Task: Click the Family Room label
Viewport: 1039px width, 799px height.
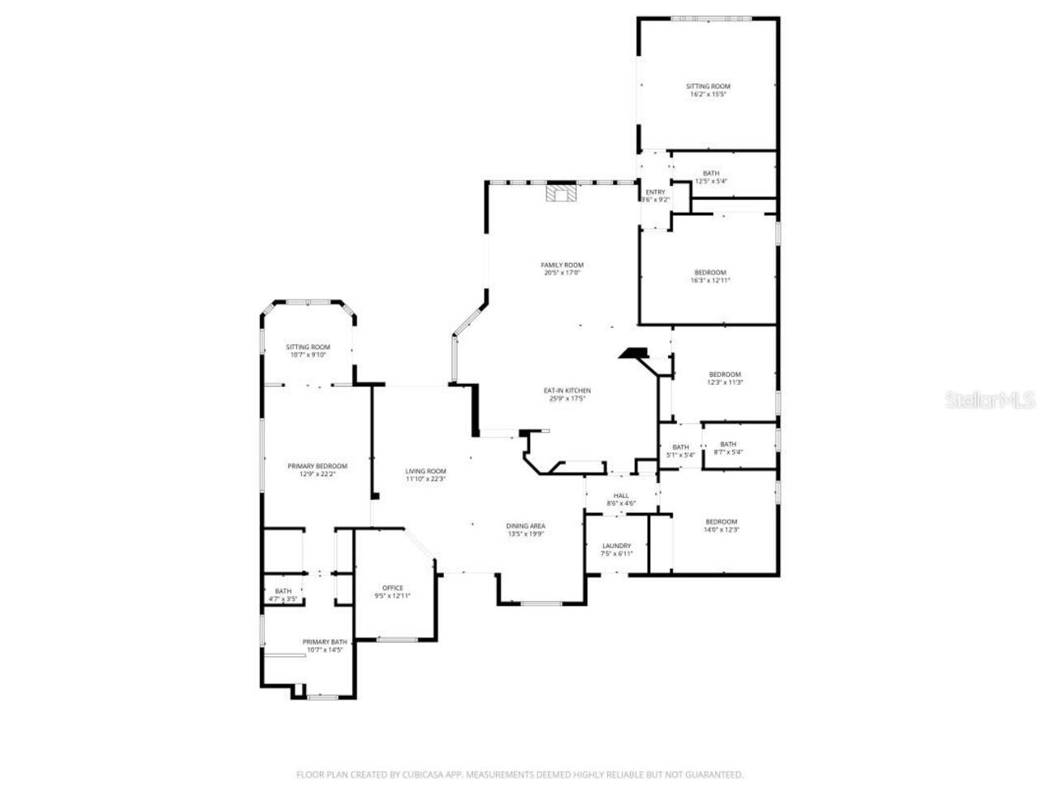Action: click(562, 269)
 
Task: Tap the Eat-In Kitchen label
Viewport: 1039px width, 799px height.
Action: click(567, 395)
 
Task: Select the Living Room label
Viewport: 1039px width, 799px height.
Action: click(425, 475)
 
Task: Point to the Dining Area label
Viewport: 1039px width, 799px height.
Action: click(525, 529)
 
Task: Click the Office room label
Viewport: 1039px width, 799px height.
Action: click(392, 592)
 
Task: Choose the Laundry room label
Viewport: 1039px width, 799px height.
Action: click(616, 550)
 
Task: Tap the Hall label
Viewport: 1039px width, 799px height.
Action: click(621, 499)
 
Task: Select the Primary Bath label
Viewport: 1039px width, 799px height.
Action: click(325, 646)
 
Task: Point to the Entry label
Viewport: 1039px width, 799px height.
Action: click(655, 196)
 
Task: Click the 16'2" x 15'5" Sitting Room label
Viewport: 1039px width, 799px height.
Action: click(708, 90)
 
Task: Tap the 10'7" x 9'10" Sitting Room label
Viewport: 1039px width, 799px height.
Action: click(308, 351)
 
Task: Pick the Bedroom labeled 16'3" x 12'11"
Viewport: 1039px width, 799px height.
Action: click(709, 276)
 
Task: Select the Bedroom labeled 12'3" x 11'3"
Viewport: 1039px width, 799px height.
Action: click(725, 378)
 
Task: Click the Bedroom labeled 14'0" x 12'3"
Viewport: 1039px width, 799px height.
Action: click(721, 525)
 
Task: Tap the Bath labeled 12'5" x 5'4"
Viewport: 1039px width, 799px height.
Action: click(710, 177)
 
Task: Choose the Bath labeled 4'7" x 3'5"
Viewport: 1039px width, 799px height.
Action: click(282, 595)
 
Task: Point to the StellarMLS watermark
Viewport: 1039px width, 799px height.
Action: click(994, 400)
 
